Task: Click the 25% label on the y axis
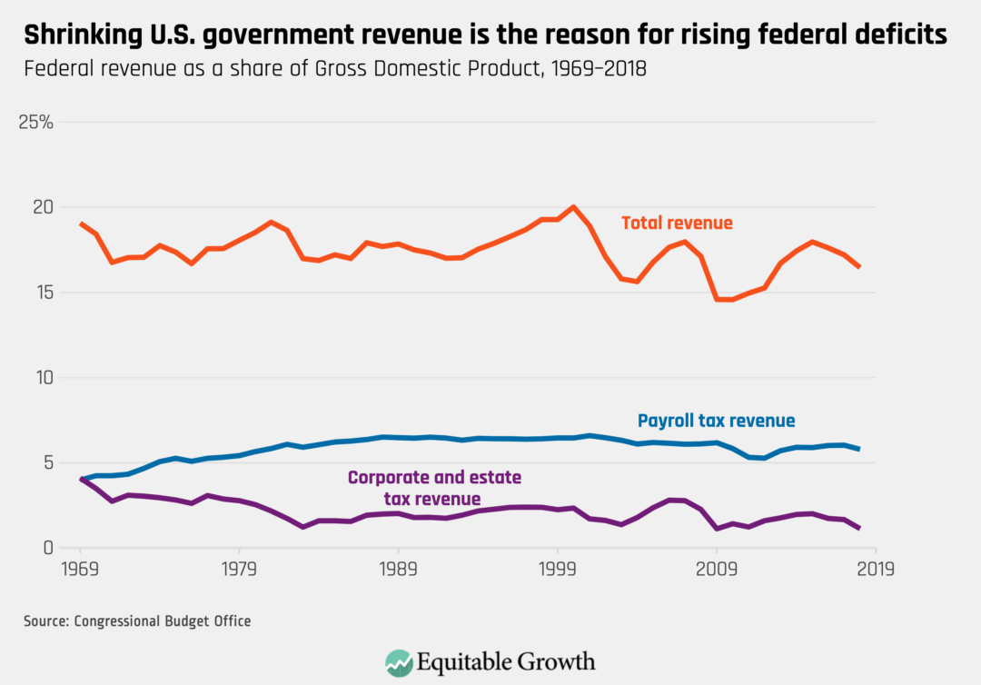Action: [36, 122]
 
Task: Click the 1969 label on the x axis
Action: [80, 570]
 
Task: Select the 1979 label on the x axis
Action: [239, 570]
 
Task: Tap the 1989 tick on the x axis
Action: [398, 570]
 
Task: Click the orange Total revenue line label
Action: [677, 223]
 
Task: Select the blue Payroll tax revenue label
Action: [716, 421]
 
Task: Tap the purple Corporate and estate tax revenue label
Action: [434, 488]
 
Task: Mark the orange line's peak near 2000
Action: [573, 207]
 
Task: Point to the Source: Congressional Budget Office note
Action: [136, 621]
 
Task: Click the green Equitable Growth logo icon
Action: [399, 660]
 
